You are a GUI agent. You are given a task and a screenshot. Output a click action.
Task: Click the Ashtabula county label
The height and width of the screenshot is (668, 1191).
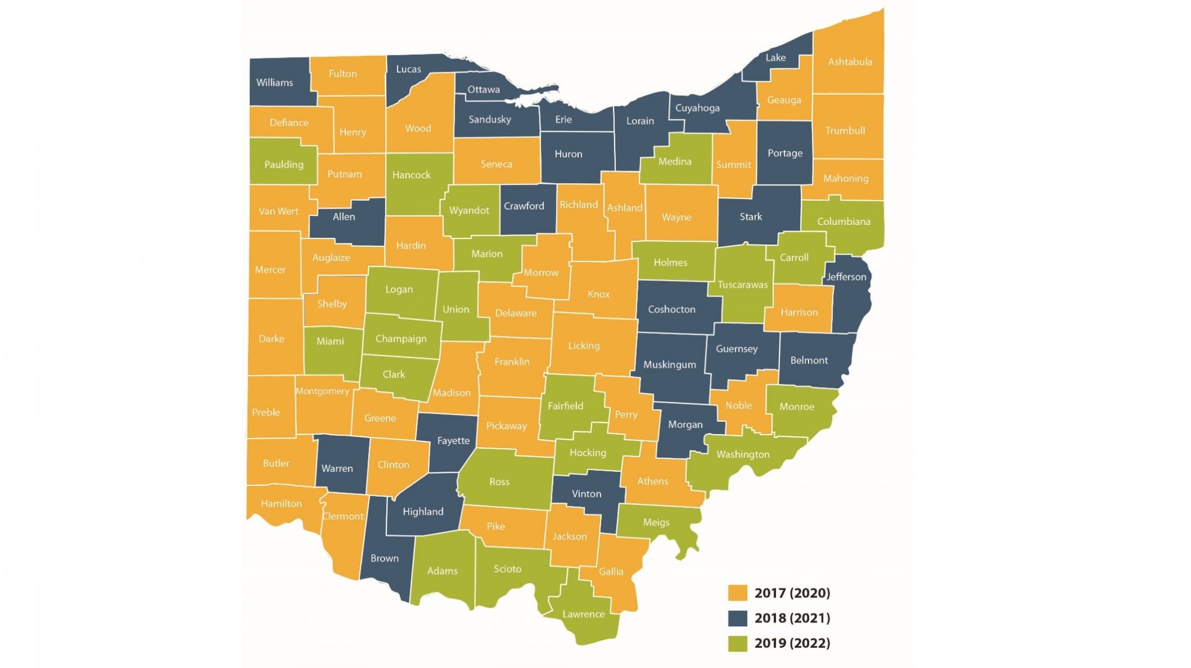coord(850,62)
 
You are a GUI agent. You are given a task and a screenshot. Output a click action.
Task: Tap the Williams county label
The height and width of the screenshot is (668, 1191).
coord(275,83)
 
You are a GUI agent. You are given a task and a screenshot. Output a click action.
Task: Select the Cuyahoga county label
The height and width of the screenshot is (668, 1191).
coord(697,108)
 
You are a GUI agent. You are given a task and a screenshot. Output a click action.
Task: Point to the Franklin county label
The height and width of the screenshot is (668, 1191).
coord(511,362)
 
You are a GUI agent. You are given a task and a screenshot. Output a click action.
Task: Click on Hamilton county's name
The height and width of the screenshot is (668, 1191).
coord(281,504)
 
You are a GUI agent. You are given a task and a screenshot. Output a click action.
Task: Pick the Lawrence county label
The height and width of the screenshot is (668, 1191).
coord(583,614)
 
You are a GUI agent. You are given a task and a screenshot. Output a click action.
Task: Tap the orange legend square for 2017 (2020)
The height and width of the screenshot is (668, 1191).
coord(737,593)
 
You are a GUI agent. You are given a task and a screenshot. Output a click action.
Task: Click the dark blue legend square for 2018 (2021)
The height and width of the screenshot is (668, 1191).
coord(737,618)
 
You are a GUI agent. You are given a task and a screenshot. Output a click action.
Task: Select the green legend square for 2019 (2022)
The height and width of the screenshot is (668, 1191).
coord(737,643)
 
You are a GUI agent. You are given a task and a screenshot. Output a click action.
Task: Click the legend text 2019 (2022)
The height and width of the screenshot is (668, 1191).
coord(792,643)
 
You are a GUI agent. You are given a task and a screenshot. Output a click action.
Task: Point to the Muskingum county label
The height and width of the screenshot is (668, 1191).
coord(669,365)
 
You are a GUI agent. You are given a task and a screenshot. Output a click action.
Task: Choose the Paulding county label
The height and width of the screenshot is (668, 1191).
coord(284,165)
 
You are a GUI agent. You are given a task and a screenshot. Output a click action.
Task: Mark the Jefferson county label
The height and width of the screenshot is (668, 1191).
coord(846,277)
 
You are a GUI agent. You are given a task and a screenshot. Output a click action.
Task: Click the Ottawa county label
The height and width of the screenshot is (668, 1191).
coord(483,90)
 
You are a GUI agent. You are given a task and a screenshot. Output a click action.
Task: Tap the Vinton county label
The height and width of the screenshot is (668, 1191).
coord(586,494)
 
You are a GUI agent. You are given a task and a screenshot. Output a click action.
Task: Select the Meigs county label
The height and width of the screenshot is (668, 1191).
coord(656,523)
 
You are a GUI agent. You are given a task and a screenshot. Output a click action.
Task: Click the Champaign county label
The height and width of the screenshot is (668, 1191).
coord(401,339)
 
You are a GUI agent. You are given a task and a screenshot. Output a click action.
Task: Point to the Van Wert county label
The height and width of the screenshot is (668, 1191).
coord(278,211)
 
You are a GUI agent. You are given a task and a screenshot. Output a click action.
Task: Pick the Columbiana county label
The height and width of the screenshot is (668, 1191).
coord(843,222)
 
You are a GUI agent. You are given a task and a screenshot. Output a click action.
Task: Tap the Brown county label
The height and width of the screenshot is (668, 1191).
coord(384,559)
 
